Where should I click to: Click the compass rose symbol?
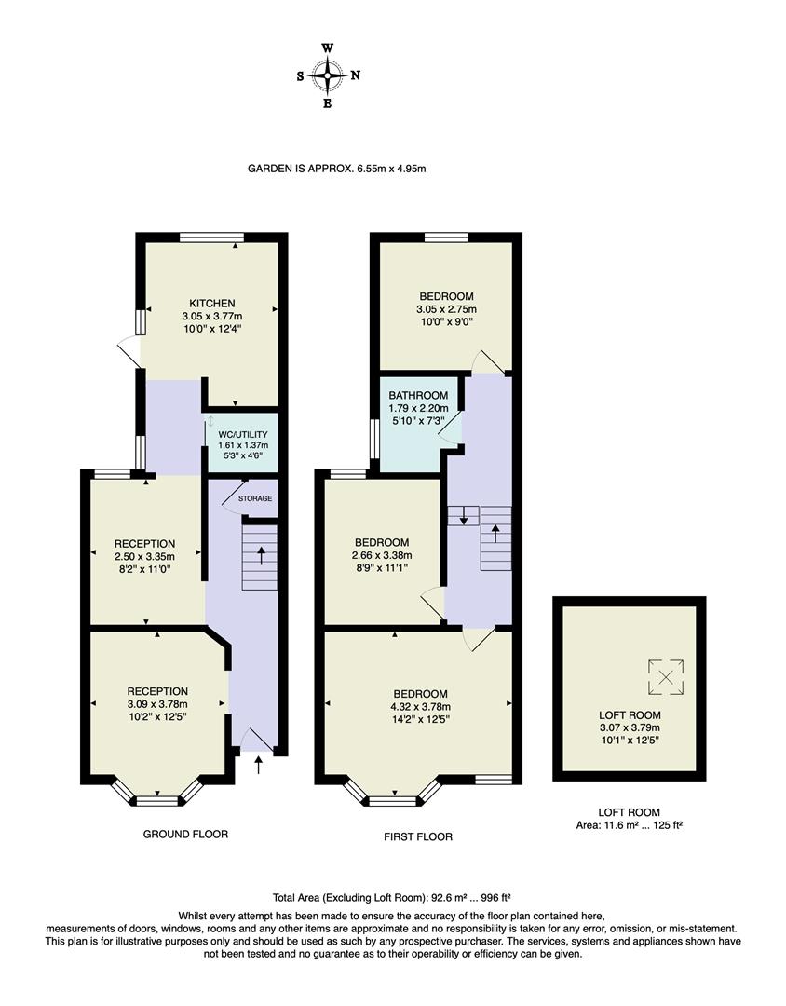(x=328, y=75)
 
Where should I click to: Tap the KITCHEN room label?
(x=211, y=304)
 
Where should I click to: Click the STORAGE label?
(x=255, y=499)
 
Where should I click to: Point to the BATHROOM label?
(x=418, y=395)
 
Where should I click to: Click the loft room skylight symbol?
(x=666, y=676)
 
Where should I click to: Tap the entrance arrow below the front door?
(x=258, y=765)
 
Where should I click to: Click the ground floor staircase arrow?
(x=260, y=556)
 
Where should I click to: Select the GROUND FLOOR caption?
(x=185, y=834)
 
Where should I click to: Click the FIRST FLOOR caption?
(x=418, y=836)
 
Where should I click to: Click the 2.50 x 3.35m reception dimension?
(x=144, y=556)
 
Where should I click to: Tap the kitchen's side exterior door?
(x=129, y=352)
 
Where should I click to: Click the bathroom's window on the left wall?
(x=373, y=438)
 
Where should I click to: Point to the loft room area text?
(x=630, y=825)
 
